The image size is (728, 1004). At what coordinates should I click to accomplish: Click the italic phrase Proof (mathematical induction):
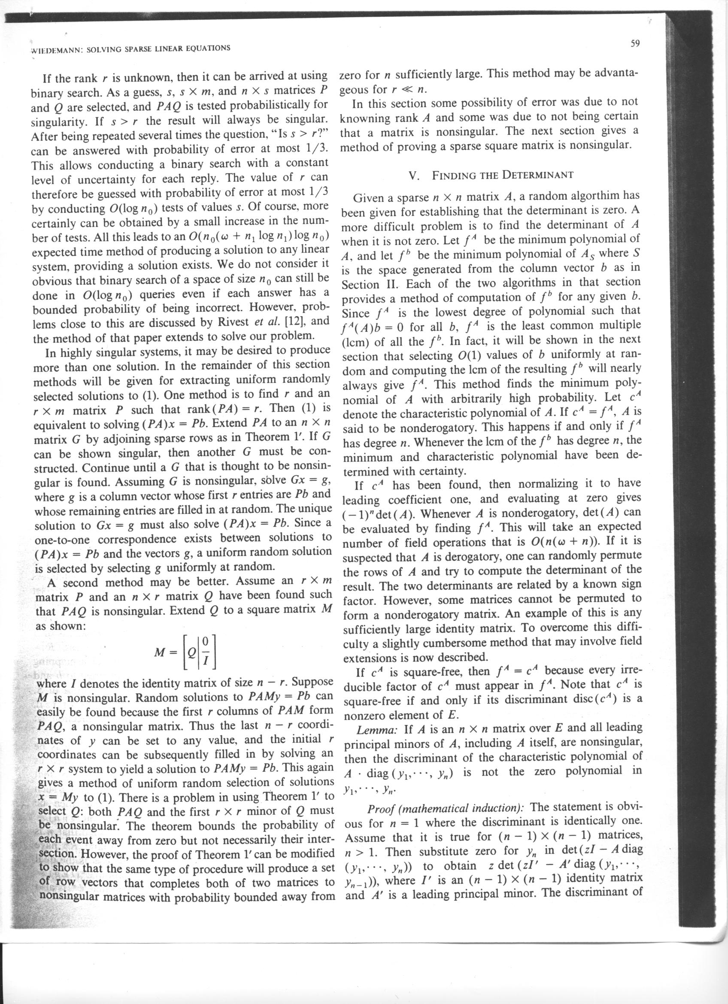coord(446,807)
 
